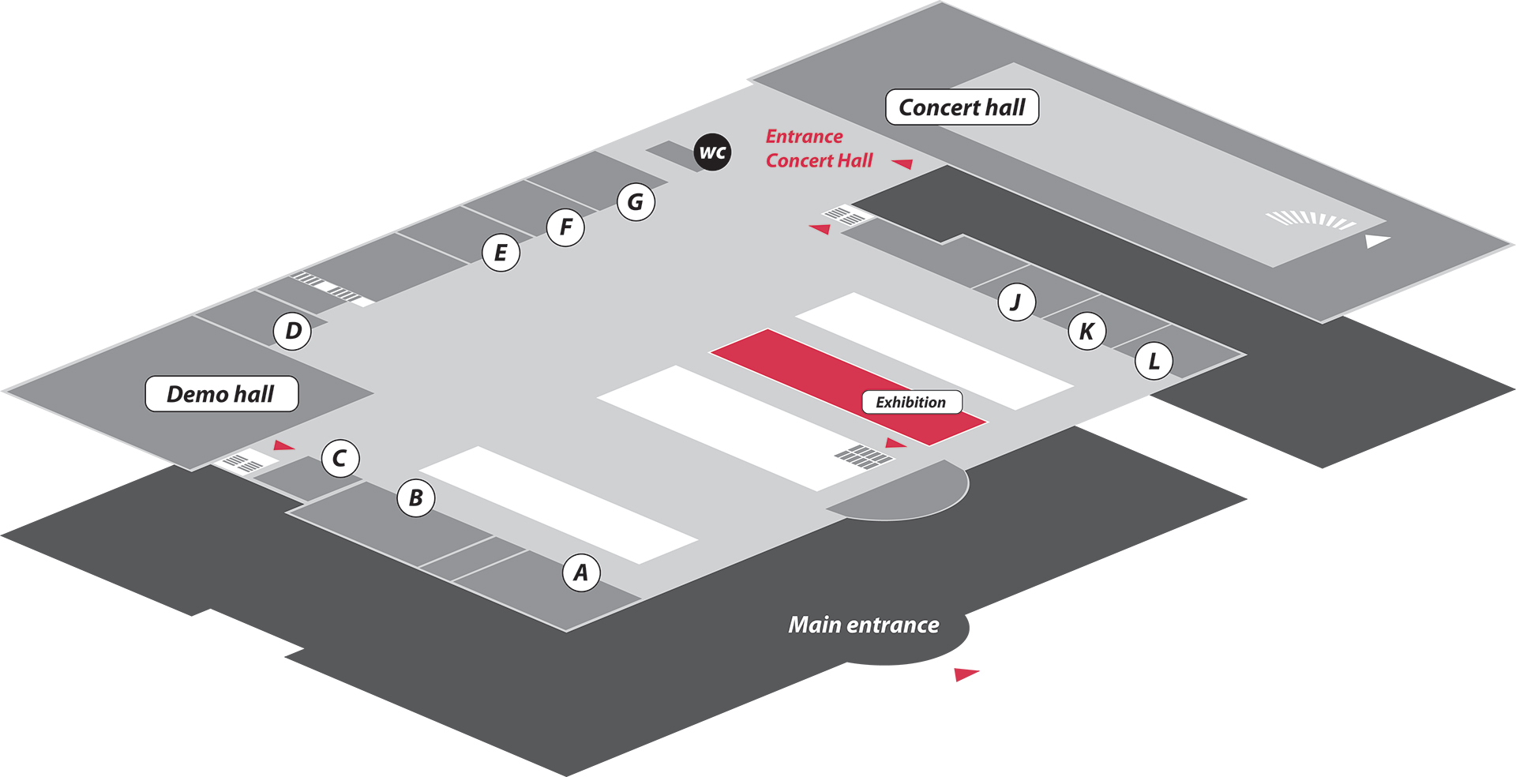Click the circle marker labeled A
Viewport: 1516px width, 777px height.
tap(581, 572)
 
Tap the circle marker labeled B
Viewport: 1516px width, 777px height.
tap(416, 497)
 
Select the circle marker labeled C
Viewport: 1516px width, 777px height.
tap(340, 458)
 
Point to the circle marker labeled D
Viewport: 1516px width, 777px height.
tap(293, 331)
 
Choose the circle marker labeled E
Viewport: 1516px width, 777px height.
tap(501, 253)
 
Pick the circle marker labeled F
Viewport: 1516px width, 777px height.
tap(565, 227)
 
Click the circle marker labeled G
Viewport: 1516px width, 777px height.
tap(636, 202)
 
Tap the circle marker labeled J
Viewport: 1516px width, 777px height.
tap(1016, 302)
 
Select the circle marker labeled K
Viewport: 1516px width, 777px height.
tap(1086, 331)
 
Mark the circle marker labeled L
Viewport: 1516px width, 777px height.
tap(1154, 361)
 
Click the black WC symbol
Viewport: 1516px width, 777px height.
tap(712, 152)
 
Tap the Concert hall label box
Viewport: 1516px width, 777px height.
tap(962, 107)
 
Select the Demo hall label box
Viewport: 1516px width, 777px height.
tap(221, 394)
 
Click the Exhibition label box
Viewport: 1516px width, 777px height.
tap(911, 402)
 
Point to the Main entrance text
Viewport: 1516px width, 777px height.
tap(864, 625)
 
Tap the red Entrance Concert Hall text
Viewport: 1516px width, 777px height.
tap(819, 148)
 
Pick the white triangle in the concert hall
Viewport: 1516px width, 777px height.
tap(1377, 241)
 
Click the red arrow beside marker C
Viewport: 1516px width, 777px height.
tap(283, 445)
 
